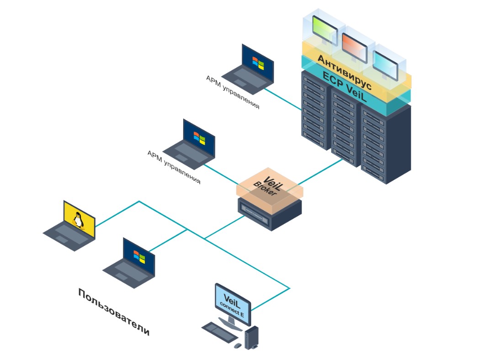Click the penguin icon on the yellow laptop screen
point(79,221)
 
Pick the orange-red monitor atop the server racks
point(354,44)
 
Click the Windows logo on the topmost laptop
point(259,63)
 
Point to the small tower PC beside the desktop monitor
point(251,337)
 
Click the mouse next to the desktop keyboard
point(237,346)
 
